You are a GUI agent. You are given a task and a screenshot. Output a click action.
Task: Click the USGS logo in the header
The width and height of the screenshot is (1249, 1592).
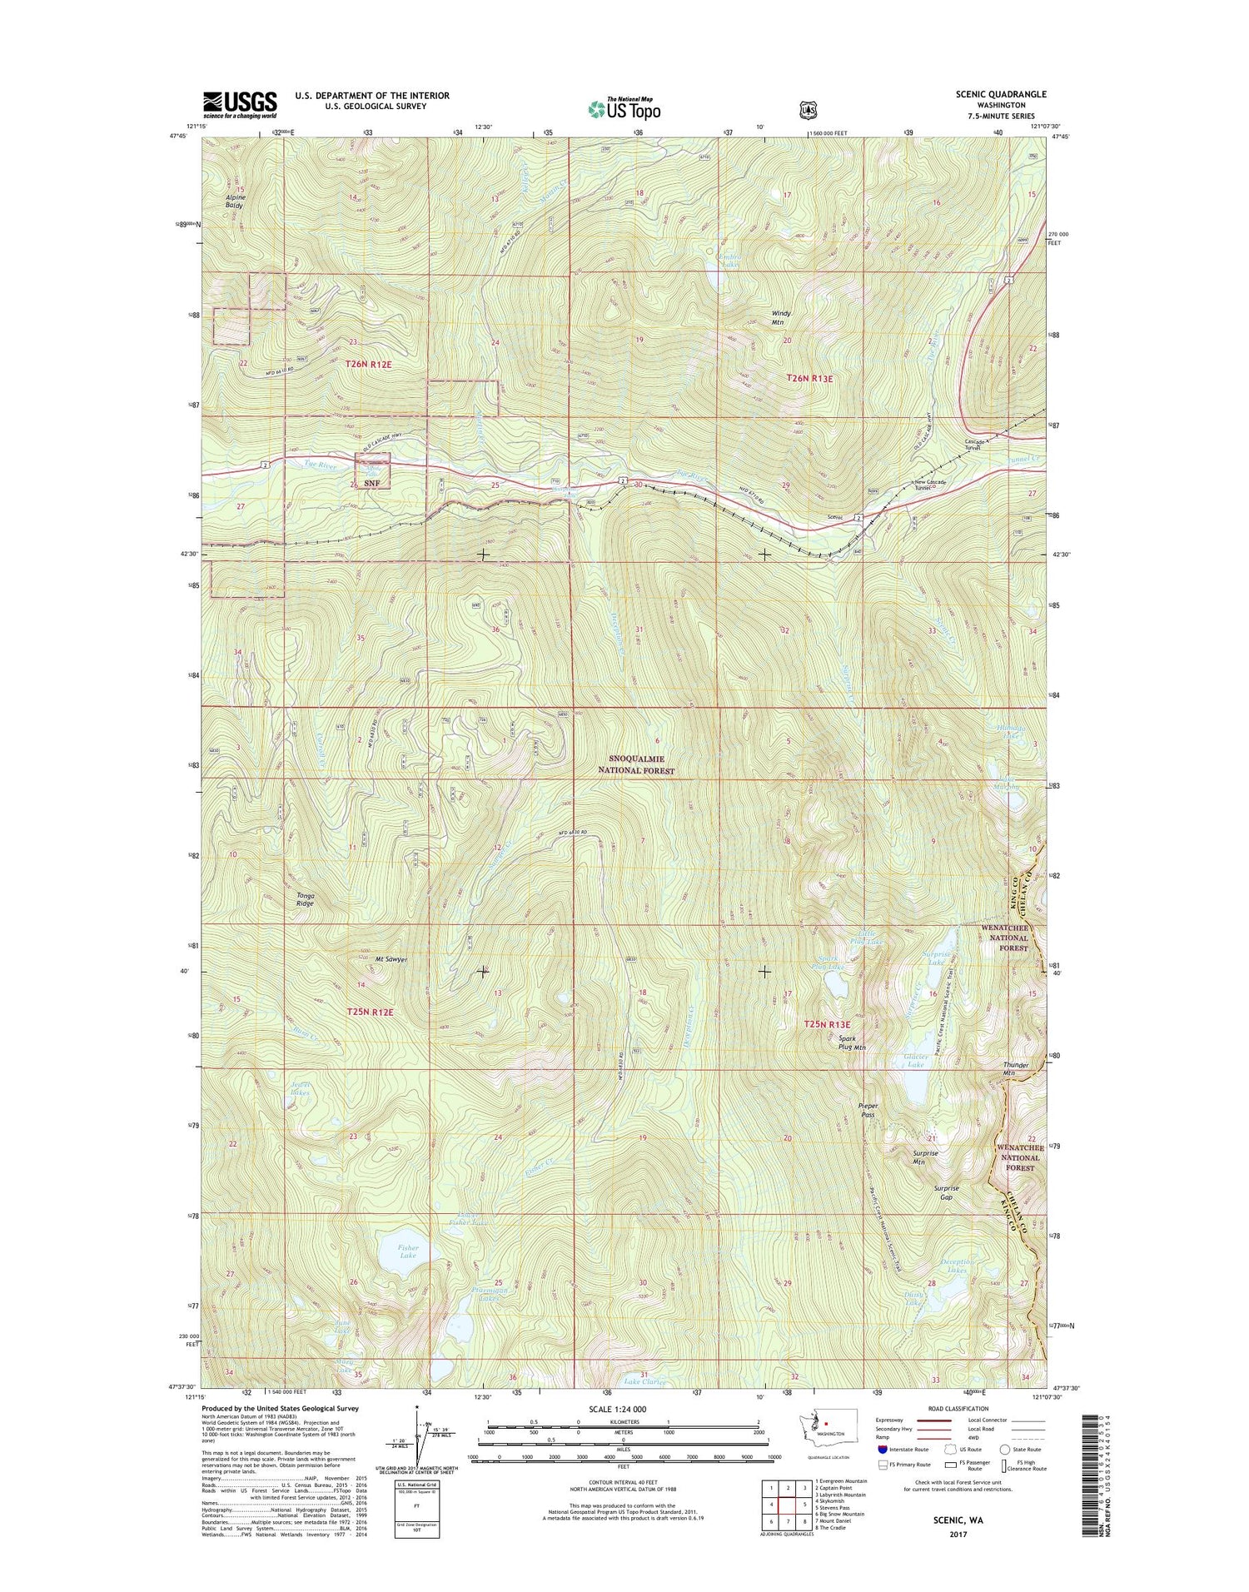tap(240, 104)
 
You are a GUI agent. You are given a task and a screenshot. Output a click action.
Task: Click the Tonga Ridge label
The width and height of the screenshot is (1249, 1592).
tap(306, 899)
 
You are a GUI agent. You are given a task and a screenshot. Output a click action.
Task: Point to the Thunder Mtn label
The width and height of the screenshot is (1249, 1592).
tap(1017, 1069)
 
